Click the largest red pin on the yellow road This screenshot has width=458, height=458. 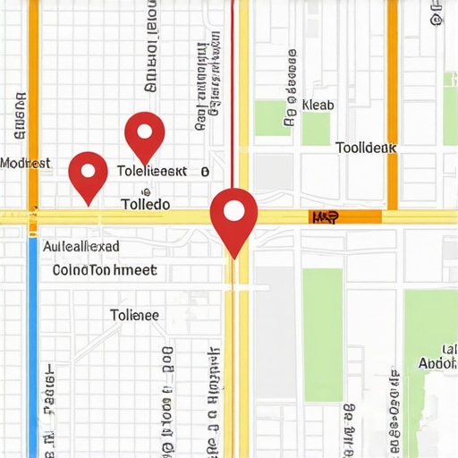(233, 215)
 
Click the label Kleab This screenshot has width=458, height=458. (318, 105)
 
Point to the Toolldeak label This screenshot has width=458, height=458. (365, 148)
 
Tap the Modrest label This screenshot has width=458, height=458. (25, 164)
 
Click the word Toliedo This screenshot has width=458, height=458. (145, 204)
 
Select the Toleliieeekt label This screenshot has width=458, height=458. (152, 170)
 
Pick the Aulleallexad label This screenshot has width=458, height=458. (81, 246)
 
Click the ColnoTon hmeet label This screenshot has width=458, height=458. (105, 269)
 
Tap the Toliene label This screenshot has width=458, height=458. (134, 315)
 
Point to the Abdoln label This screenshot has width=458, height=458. (437, 363)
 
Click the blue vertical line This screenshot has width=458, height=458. (34, 349)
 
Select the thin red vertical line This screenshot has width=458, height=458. (233, 89)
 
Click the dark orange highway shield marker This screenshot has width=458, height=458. (324, 217)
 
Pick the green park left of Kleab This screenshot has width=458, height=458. (268, 119)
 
